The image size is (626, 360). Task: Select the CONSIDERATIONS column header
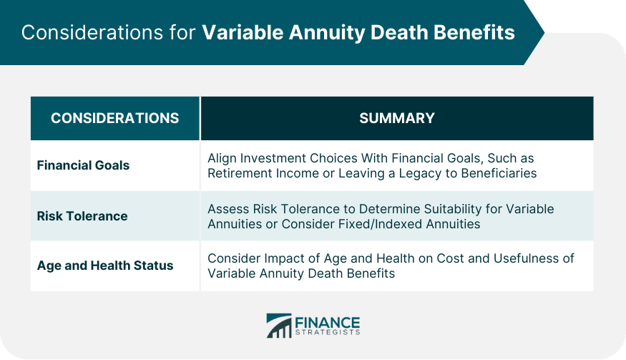pyautogui.click(x=115, y=118)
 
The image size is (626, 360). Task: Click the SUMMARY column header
pyautogui.click(x=396, y=118)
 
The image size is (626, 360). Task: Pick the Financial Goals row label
pyautogui.click(x=83, y=165)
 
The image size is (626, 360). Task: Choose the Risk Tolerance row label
pyautogui.click(x=82, y=215)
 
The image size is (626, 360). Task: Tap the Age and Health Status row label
pyautogui.click(x=105, y=266)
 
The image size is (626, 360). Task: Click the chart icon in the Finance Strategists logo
pyautogui.click(x=279, y=326)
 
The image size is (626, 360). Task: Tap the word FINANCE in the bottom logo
pyautogui.click(x=328, y=321)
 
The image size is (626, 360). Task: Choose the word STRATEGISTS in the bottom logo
pyautogui.click(x=328, y=333)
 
